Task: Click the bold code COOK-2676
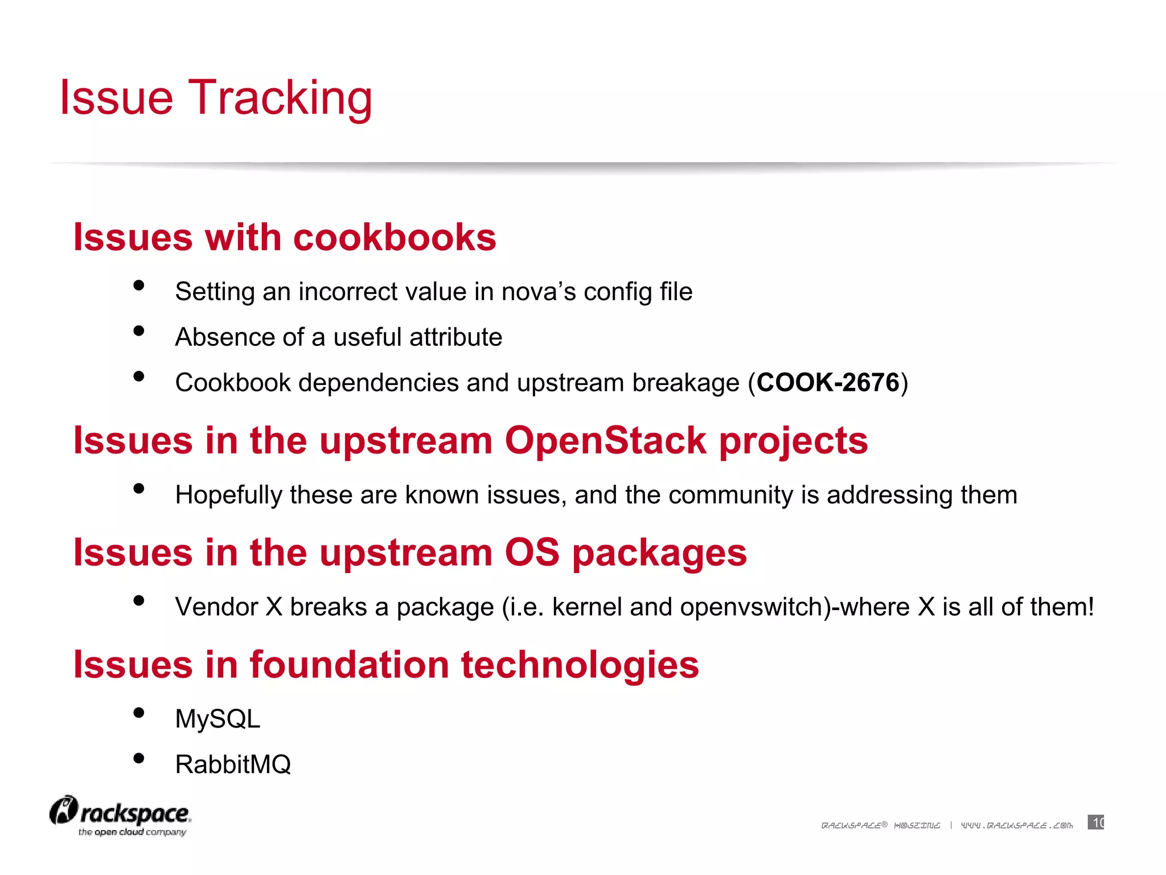pyautogui.click(x=827, y=383)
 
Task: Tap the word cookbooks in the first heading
pyautogui.click(x=394, y=237)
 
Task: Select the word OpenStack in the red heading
pyautogui.click(x=605, y=441)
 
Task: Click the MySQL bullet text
pyautogui.click(x=217, y=719)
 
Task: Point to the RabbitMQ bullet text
pyautogui.click(x=233, y=764)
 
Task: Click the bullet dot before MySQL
pyautogui.click(x=138, y=713)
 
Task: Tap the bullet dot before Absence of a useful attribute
pyautogui.click(x=138, y=331)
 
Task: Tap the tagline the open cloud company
pyautogui.click(x=132, y=832)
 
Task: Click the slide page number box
pyautogui.click(x=1095, y=823)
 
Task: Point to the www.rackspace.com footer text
pyautogui.click(x=1017, y=825)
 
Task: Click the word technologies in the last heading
pyautogui.click(x=580, y=665)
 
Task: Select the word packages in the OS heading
pyautogui.click(x=659, y=553)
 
